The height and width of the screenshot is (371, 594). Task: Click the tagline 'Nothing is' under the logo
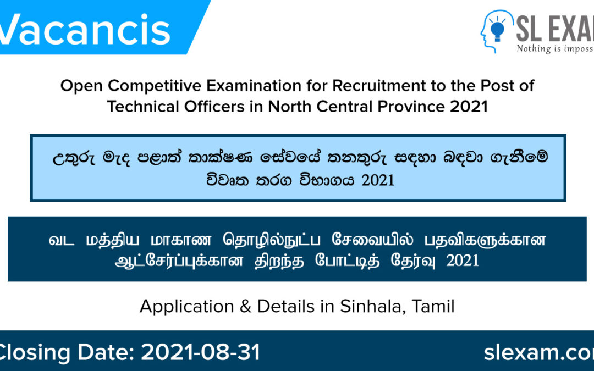coord(544,48)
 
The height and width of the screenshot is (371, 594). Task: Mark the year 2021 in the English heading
coord(469,106)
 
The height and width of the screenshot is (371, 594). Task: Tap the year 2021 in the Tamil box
coord(463,260)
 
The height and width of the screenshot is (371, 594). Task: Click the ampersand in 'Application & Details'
coord(246,306)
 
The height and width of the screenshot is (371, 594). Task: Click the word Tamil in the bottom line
coord(432,306)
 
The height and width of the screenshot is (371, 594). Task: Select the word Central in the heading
coord(338,106)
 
